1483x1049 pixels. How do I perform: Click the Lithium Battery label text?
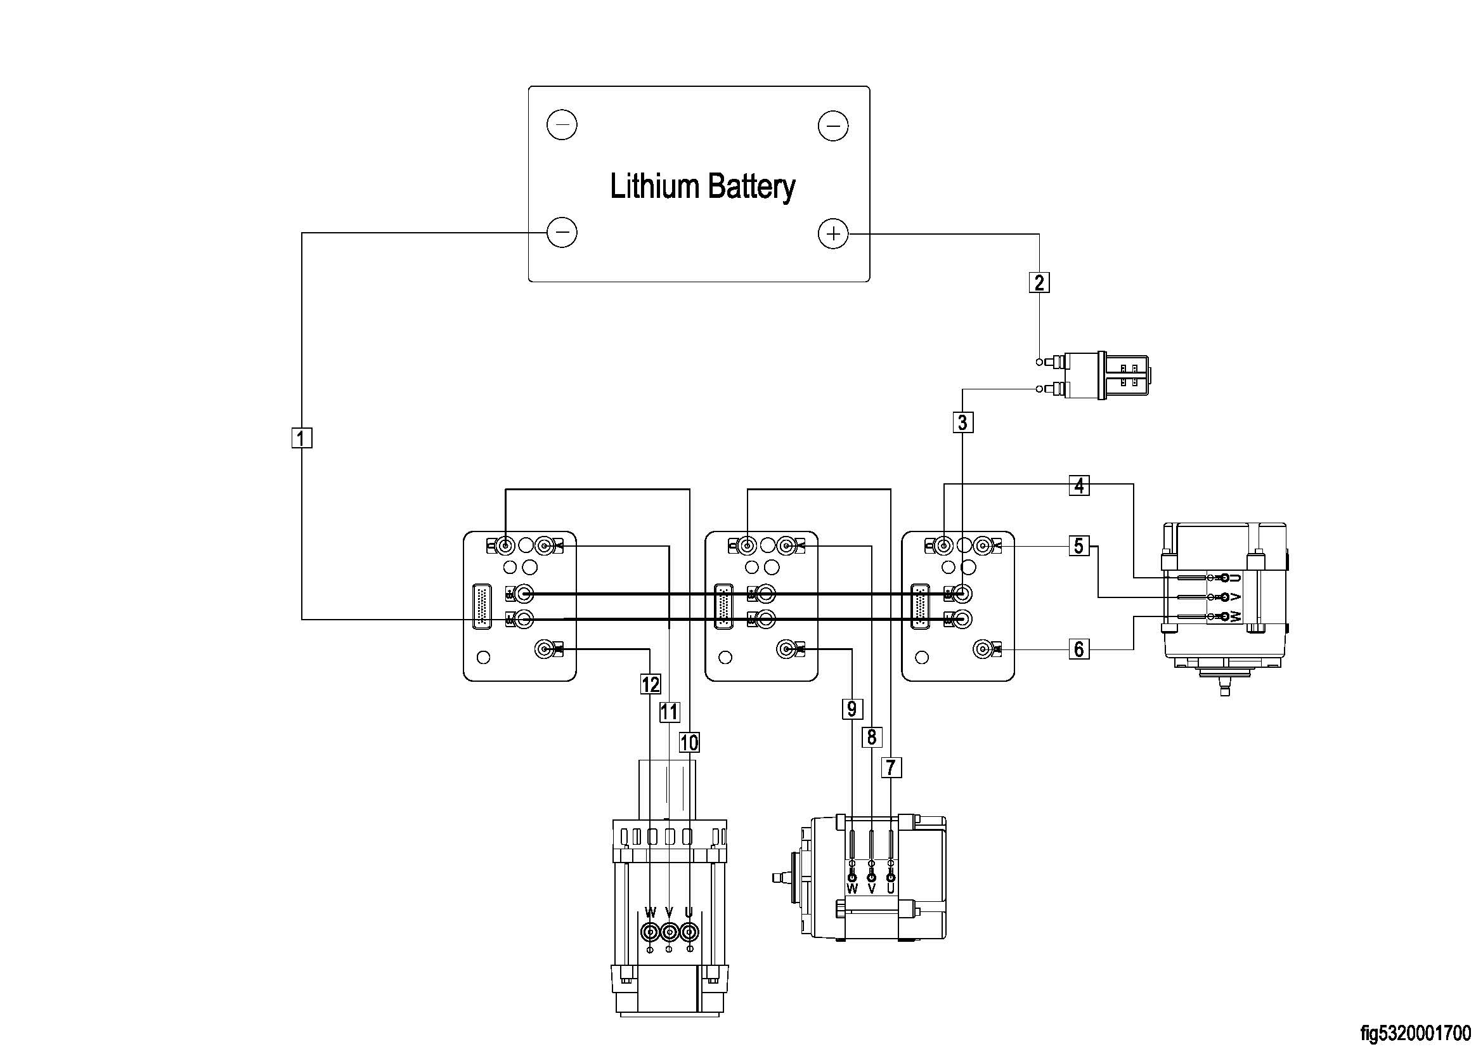click(702, 186)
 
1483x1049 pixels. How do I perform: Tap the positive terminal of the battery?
click(833, 233)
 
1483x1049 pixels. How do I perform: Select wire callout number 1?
click(302, 438)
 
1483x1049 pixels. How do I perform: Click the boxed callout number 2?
click(1039, 282)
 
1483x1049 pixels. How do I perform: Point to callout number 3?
click(962, 422)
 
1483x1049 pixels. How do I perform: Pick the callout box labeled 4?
click(1079, 485)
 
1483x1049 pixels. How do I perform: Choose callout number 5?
click(1078, 546)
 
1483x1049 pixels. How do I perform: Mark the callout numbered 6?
click(1078, 649)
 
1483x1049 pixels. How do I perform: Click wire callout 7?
click(891, 767)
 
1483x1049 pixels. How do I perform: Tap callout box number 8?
click(871, 737)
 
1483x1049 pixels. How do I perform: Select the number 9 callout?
click(852, 709)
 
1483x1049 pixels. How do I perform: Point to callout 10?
click(689, 742)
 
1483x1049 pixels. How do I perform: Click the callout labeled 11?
click(669, 712)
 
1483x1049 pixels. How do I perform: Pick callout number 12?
click(651, 684)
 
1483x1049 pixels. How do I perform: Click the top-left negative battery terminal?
click(562, 125)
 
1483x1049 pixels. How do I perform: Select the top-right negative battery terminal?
click(833, 126)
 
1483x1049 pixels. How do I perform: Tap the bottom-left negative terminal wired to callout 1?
click(562, 232)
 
